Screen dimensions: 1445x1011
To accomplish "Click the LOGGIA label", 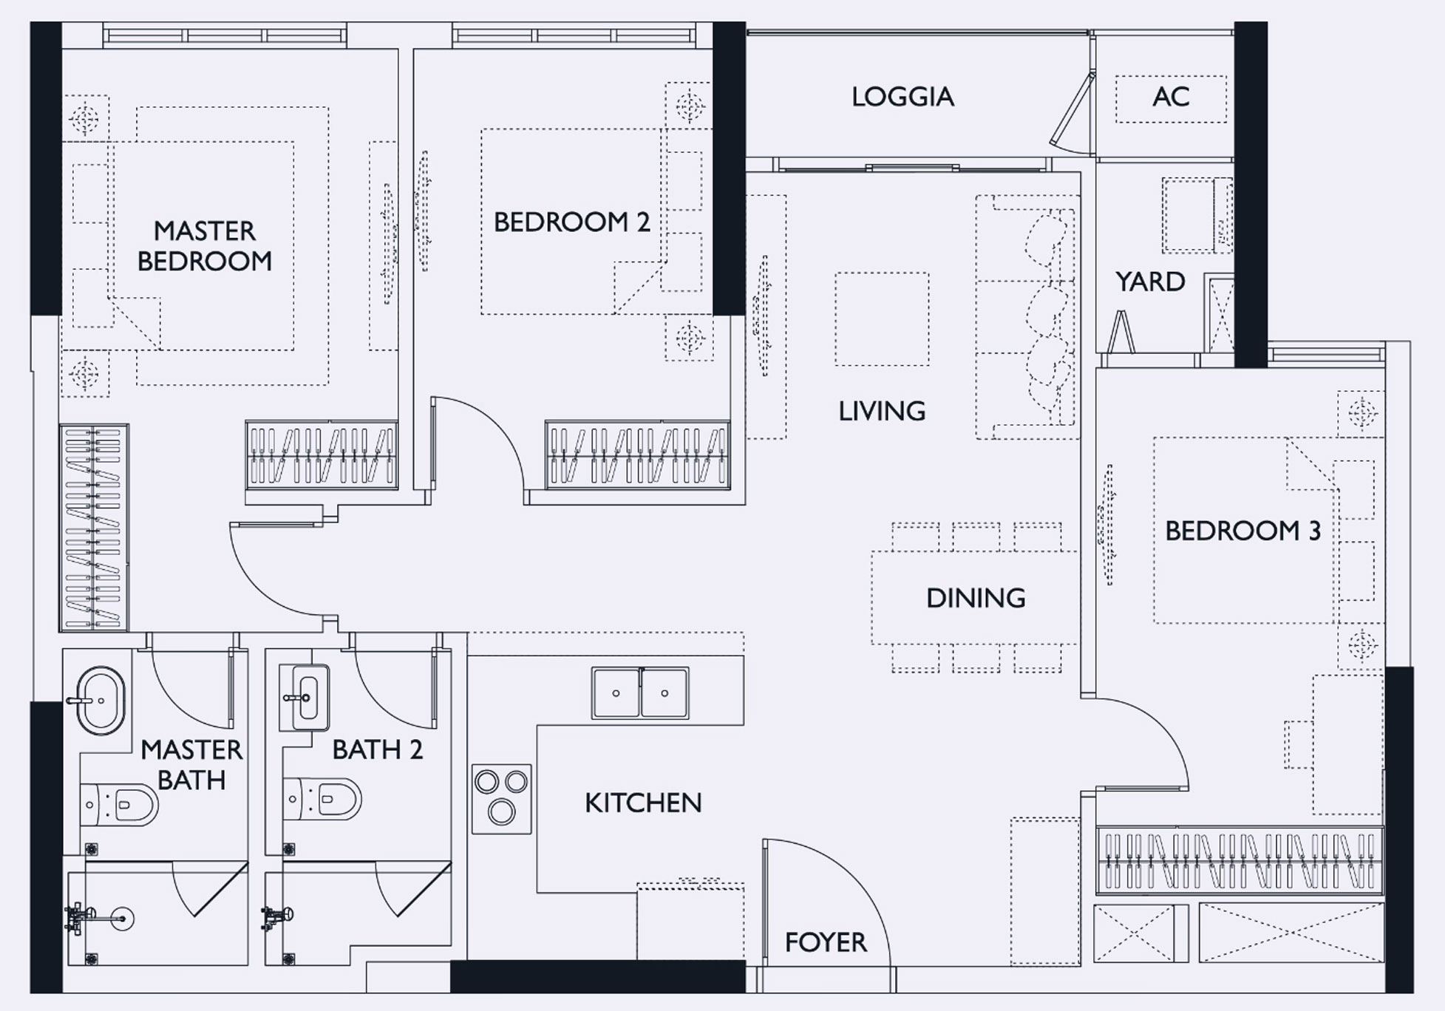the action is point(902,97).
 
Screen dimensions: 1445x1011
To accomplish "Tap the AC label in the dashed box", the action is point(1171,97).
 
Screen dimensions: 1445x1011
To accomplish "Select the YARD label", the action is point(1150,282).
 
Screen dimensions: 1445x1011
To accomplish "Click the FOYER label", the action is point(826,942).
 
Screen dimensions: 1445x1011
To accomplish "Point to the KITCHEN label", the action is point(643,803).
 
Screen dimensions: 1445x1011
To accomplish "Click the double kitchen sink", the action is point(640,693).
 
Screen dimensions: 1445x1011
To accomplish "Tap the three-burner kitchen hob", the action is point(501,799).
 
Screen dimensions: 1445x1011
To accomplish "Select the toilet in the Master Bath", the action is point(119,804).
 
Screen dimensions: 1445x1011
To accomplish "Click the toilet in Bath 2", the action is point(322,799).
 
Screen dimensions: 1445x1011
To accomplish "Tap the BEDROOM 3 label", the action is point(1242,531).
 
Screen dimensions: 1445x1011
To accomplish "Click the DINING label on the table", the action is point(976,598).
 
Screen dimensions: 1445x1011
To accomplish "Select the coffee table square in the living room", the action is point(882,319).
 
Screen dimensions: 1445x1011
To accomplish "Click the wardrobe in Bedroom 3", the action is point(1239,860).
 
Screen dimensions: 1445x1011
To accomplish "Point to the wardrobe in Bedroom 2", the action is point(637,455).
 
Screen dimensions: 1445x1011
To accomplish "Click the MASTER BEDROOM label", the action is point(205,246).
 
